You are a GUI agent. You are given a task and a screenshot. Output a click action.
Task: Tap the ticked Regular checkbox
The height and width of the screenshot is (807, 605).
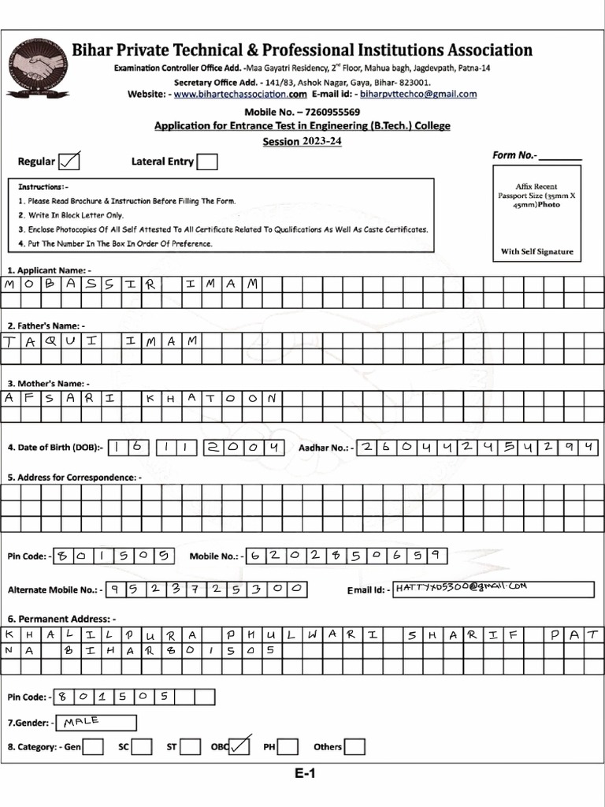tap(69, 162)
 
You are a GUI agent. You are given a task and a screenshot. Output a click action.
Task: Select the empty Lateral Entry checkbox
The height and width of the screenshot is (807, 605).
tap(207, 162)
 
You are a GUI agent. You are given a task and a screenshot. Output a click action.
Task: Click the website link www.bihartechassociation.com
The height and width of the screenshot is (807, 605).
tap(239, 94)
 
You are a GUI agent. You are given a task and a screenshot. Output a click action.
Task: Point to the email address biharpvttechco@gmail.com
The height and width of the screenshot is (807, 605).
tap(418, 94)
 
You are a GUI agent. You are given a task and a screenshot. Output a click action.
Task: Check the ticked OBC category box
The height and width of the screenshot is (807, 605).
tap(239, 746)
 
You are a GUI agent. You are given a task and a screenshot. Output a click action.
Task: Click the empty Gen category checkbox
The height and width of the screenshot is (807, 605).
tap(93, 746)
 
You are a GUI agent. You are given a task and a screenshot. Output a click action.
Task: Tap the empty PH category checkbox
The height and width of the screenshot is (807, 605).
tap(288, 746)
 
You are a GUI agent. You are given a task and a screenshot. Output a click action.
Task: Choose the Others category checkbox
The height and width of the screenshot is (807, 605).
tap(355, 746)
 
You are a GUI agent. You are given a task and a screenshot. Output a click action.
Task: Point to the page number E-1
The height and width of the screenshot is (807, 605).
tap(306, 774)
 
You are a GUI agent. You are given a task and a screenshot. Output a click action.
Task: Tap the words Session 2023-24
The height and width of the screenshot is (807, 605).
tap(302, 142)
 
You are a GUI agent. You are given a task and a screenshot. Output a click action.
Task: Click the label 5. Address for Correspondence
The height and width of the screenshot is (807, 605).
tap(75, 477)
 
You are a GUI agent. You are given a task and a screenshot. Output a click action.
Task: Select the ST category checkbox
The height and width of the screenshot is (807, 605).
tap(189, 746)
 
